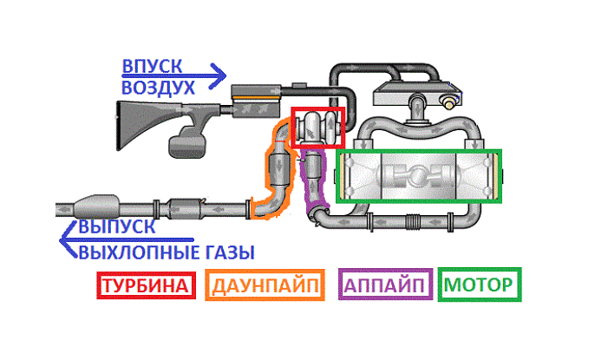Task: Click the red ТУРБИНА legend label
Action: click(x=144, y=285)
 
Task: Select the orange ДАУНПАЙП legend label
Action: click(x=265, y=285)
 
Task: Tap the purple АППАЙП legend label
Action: click(x=384, y=285)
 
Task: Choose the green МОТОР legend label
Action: click(x=479, y=285)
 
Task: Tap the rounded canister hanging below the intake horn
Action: click(x=187, y=142)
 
